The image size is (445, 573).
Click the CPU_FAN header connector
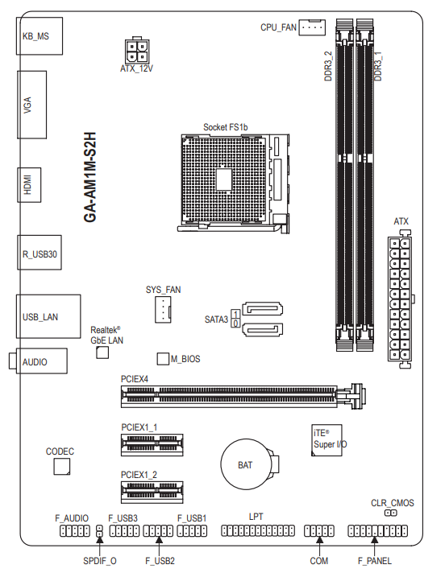click(x=312, y=27)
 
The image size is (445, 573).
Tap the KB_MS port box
click(x=40, y=36)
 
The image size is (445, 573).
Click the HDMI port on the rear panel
click(x=29, y=185)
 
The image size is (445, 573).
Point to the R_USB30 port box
click(x=40, y=253)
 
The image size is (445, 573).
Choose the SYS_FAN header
click(x=163, y=310)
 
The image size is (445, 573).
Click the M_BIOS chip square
click(x=163, y=359)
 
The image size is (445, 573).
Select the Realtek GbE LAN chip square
click(x=102, y=352)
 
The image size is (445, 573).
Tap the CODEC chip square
click(x=62, y=467)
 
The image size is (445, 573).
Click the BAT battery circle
click(x=246, y=464)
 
